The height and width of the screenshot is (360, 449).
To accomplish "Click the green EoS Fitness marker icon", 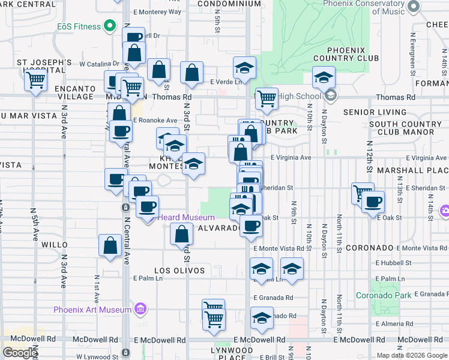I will [x=110, y=26].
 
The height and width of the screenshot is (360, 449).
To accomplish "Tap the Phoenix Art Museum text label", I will [x=92, y=310].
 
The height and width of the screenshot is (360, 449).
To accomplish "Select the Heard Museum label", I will [x=186, y=217].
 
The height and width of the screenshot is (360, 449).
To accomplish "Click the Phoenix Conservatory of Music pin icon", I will [x=412, y=6].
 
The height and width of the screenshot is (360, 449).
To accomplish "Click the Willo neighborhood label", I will [x=55, y=245].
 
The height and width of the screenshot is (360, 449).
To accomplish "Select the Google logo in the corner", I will [x=19, y=353].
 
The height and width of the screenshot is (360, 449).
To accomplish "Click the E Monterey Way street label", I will [x=157, y=11].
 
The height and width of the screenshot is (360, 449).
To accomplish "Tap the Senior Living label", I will [x=375, y=112].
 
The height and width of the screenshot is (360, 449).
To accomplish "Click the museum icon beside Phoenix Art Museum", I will [x=140, y=310].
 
